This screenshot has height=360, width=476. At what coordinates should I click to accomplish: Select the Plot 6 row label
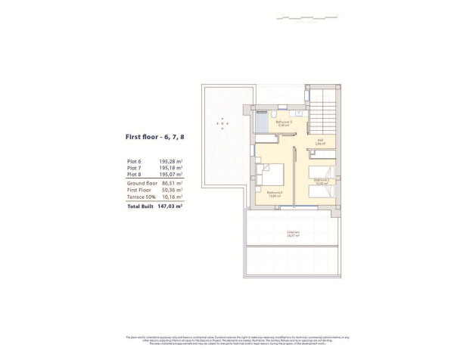click(134, 161)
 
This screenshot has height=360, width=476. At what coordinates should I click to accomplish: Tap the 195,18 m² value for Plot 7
click(171, 168)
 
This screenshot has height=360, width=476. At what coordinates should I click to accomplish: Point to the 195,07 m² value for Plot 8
click(171, 175)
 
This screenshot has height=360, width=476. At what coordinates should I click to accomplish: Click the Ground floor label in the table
click(141, 183)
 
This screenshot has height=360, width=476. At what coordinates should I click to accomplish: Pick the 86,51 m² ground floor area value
click(173, 183)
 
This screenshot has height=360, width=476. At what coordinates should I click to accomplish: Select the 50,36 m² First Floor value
click(173, 190)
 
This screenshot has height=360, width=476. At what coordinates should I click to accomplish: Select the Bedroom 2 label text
click(275, 194)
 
